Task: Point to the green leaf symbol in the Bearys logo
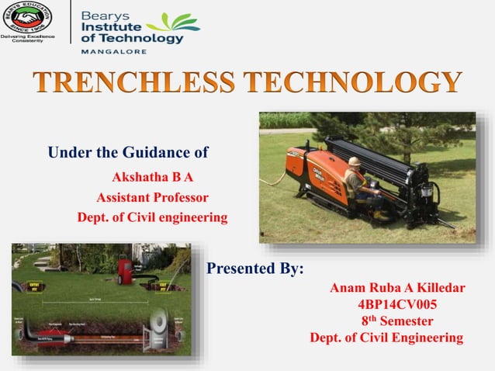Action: pos(178,23)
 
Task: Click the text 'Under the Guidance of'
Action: pos(128,150)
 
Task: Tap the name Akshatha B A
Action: pos(153,176)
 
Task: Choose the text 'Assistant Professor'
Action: pos(152,196)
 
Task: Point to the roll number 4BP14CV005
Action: pos(398,304)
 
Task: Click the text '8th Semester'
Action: pos(397,321)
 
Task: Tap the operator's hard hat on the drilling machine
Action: pos(354,161)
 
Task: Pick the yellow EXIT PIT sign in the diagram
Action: pos(164,286)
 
